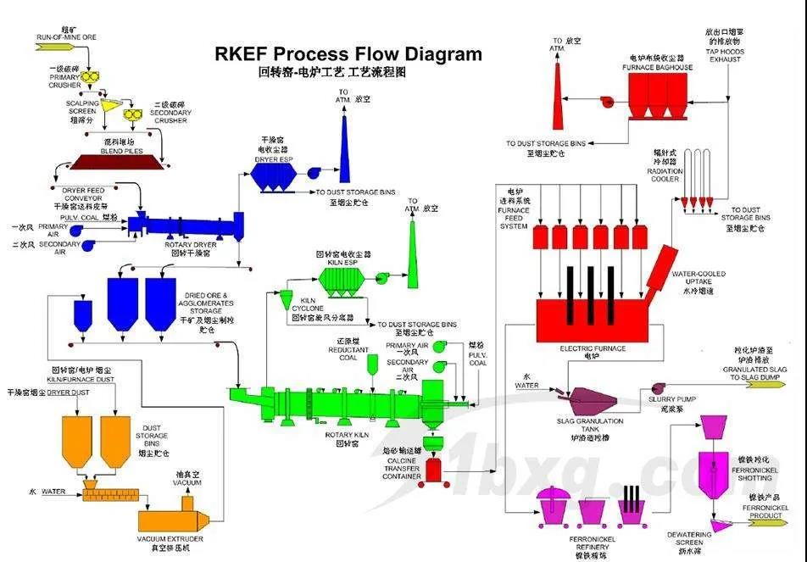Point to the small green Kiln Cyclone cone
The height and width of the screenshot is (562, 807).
[x=286, y=299]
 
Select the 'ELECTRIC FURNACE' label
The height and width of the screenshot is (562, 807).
[x=593, y=348]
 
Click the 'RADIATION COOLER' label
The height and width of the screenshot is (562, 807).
[x=665, y=176]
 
